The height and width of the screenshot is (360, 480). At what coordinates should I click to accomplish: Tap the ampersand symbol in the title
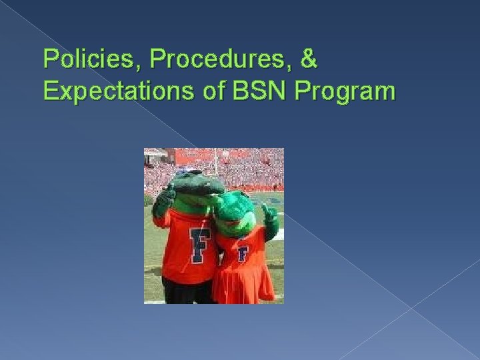pyautogui.click(x=308, y=60)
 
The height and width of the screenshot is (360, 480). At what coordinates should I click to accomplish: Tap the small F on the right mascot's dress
pyautogui.click(x=243, y=253)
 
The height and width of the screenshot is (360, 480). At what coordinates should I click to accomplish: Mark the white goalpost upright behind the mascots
pyautogui.click(x=215, y=160)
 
